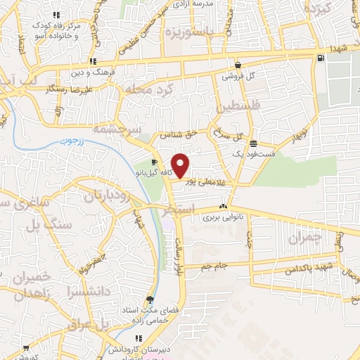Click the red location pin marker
[x=181, y=166]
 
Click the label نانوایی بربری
[x=223, y=217]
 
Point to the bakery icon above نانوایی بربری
[x=223, y=207]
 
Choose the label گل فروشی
[x=238, y=75]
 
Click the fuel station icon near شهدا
[x=321, y=58]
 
